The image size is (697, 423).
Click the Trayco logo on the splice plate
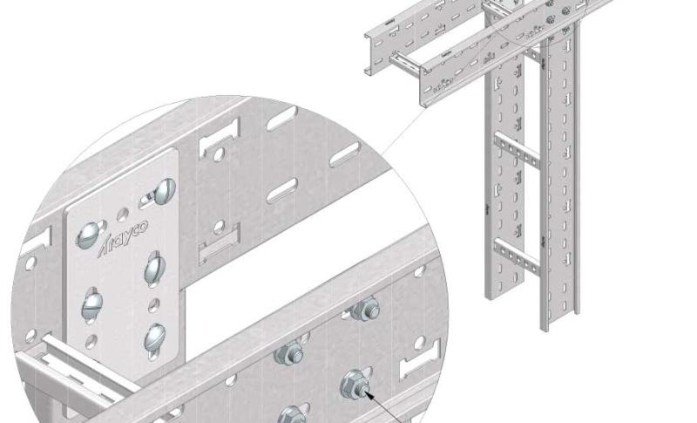point(123,237)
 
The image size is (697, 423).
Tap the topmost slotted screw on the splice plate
point(164,191)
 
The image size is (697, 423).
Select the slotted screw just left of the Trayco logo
point(88,235)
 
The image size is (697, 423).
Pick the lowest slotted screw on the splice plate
point(155,338)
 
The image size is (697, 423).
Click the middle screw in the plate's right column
point(155,269)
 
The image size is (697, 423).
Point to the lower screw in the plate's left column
point(92,304)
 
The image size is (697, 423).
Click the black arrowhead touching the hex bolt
point(368,393)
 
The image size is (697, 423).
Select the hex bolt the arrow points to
point(355,384)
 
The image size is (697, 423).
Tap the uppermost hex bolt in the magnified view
point(365,308)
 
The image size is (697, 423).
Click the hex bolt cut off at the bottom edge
point(292,415)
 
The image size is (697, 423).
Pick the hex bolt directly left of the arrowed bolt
point(288,351)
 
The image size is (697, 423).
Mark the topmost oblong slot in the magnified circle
point(281,118)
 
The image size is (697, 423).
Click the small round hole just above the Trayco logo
point(123,215)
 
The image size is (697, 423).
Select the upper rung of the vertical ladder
point(517,150)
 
